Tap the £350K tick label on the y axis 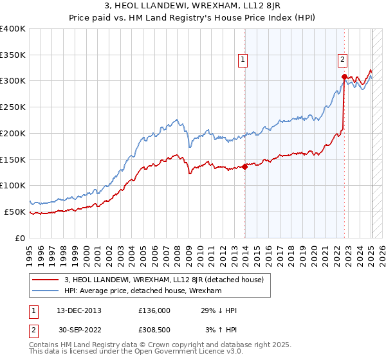coord(13,55)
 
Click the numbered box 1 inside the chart coord(243,60)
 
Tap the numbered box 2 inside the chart coord(343,60)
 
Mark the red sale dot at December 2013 coord(245,167)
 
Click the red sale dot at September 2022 coord(344,76)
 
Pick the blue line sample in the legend coord(46,291)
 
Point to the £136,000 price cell coord(154,310)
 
